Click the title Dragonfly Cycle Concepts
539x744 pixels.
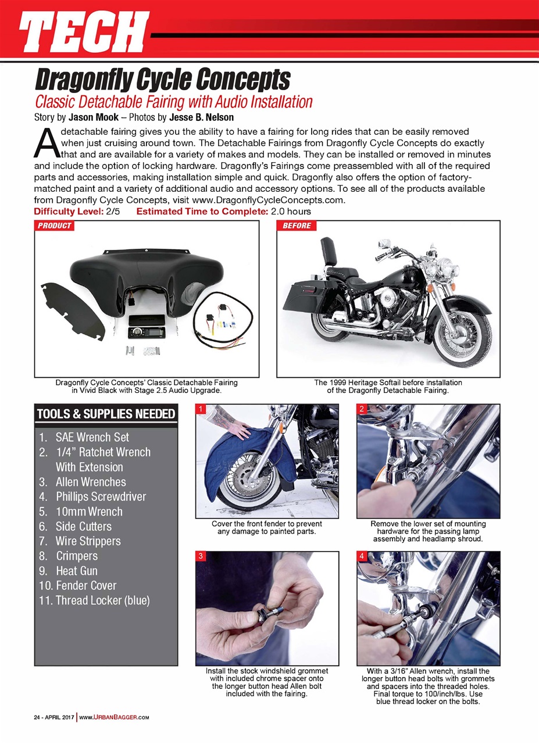163,78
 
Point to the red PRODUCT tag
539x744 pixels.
55,226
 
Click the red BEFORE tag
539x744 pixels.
297,226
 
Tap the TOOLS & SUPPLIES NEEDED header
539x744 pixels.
106,414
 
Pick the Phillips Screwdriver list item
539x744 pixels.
100,496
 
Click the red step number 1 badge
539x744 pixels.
201,410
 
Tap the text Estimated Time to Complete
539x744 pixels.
201,211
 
